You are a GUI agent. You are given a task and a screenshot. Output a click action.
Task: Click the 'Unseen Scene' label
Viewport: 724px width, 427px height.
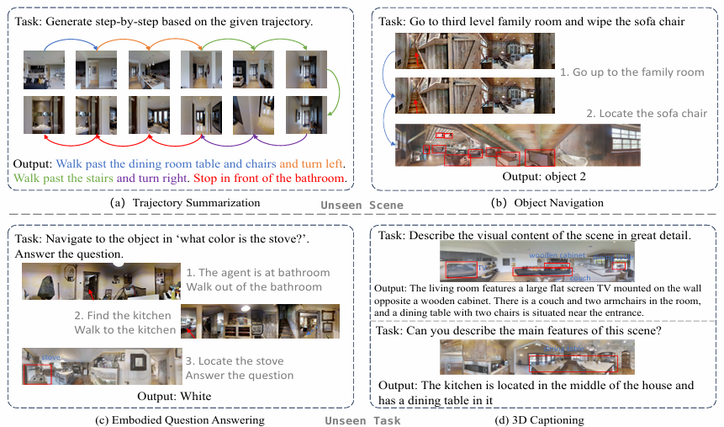tap(362, 205)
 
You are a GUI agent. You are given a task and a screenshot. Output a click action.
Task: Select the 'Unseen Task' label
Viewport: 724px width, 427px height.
tap(362, 420)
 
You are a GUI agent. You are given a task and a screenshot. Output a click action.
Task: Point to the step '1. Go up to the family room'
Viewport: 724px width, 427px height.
tap(632, 73)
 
